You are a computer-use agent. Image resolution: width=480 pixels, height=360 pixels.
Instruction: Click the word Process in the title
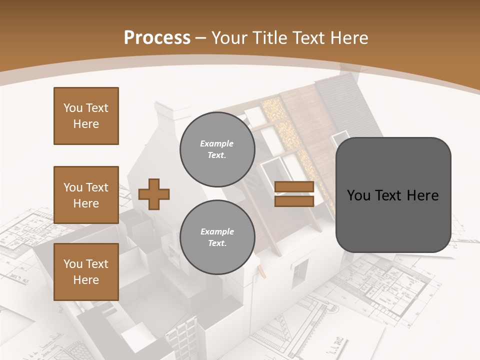coord(157,38)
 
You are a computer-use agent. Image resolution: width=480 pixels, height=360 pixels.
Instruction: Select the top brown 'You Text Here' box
coord(86,116)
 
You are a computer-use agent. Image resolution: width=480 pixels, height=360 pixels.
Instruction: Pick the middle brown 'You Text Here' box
coord(86,195)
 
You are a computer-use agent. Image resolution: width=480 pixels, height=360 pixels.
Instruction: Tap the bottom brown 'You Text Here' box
coord(86,271)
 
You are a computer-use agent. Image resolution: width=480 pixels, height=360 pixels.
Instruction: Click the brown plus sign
coord(154,194)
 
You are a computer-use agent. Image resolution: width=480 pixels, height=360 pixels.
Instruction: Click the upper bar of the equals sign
coord(294,187)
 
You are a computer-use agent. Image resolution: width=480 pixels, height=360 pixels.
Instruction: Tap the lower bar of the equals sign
coord(294,201)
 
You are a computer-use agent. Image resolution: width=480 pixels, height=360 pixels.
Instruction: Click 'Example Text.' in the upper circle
coord(217,149)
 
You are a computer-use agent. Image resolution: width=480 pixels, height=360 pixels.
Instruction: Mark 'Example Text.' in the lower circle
coord(217,237)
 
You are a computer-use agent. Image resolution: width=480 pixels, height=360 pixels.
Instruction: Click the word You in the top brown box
coord(72,108)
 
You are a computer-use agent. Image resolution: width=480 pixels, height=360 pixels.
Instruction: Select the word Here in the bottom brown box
coord(86,280)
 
